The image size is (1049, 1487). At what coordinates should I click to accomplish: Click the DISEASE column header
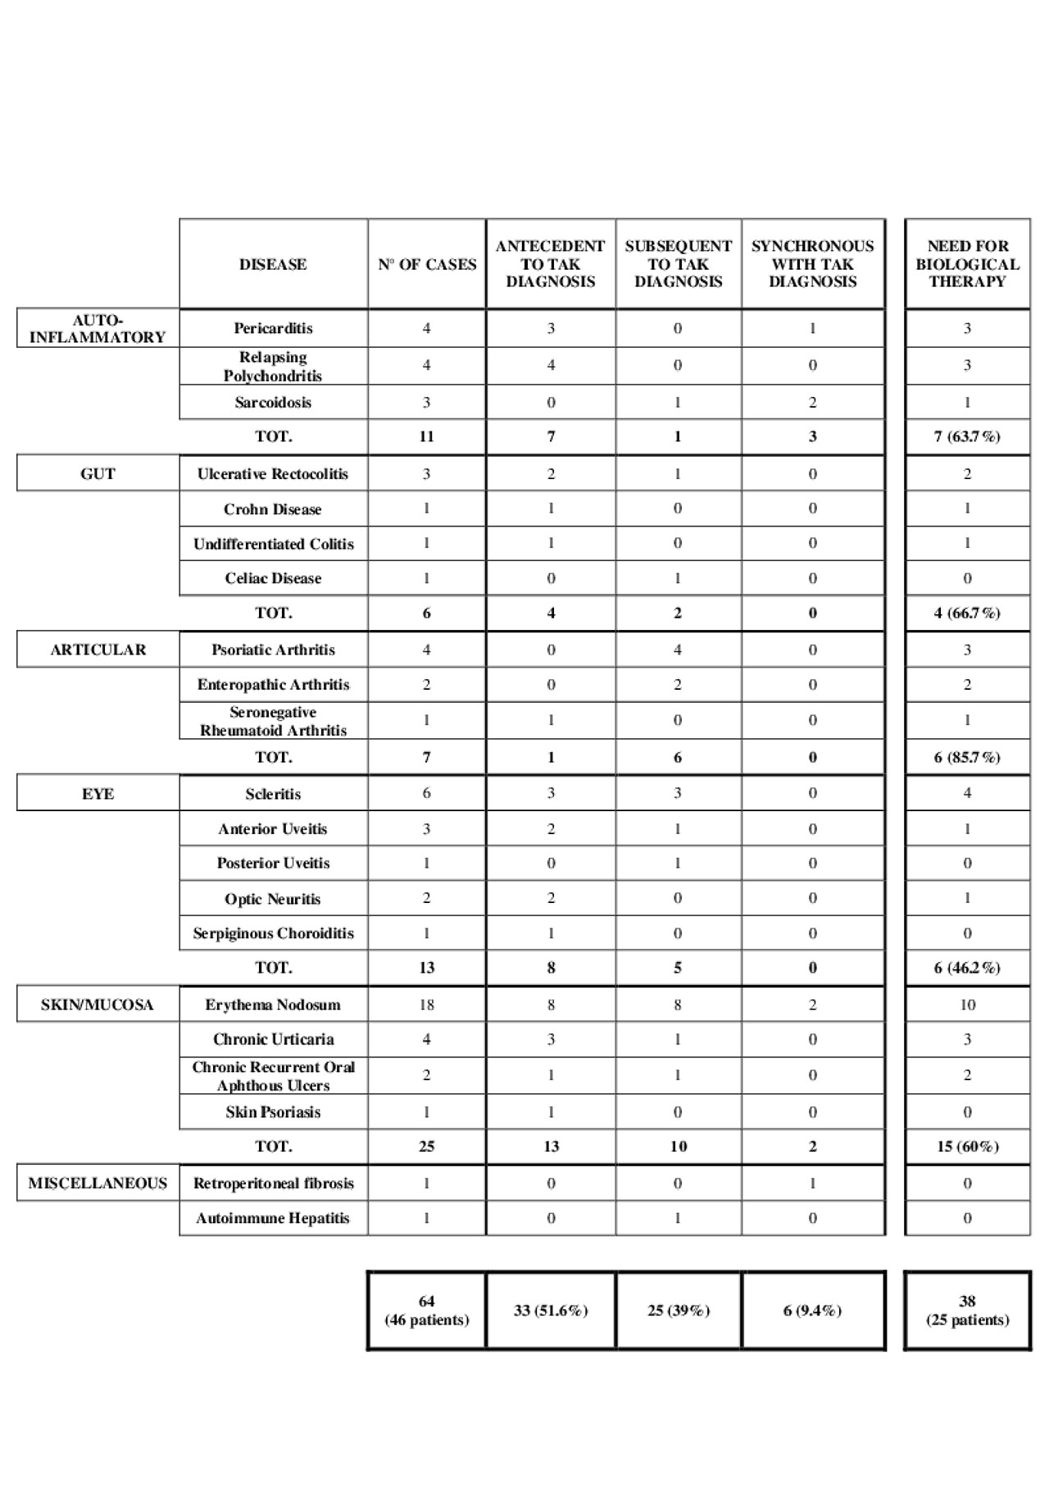pyautogui.click(x=273, y=264)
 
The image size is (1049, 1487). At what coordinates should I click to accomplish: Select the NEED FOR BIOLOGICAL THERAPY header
pyautogui.click(x=967, y=264)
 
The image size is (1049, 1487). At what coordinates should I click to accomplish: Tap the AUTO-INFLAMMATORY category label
pyautogui.click(x=98, y=328)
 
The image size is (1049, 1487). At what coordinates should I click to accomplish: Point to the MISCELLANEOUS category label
pyautogui.click(x=98, y=1183)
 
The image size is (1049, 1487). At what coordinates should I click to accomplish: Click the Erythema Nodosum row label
pyautogui.click(x=273, y=1005)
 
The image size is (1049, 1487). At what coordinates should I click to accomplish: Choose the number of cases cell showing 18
pyautogui.click(x=426, y=1005)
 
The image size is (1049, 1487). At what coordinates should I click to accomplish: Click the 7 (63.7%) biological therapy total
pyautogui.click(x=967, y=436)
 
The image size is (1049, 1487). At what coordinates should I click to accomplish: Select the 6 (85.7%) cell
pyautogui.click(x=967, y=757)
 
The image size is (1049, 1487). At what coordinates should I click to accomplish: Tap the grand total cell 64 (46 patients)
pyautogui.click(x=426, y=1310)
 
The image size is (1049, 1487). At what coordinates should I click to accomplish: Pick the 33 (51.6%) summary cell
pyautogui.click(x=551, y=1310)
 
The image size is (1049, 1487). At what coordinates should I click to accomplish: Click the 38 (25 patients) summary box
pyautogui.click(x=967, y=1310)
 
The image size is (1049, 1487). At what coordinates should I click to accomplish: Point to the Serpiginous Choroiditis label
pyautogui.click(x=273, y=933)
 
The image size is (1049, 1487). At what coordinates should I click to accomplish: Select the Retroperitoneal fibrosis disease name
pyautogui.click(x=273, y=1183)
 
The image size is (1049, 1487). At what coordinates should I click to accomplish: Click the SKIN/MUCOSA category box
pyautogui.click(x=98, y=1005)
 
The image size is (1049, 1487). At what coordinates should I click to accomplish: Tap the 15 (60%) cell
pyautogui.click(x=967, y=1147)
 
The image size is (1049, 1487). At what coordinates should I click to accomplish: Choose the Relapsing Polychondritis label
pyautogui.click(x=273, y=367)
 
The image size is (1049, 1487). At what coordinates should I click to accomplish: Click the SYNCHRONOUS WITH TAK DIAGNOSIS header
pyautogui.click(x=812, y=264)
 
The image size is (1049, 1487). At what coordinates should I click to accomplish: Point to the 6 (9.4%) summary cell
pyautogui.click(x=812, y=1310)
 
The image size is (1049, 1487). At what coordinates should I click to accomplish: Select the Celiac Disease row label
pyautogui.click(x=273, y=578)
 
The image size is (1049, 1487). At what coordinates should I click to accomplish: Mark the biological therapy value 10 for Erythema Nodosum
pyautogui.click(x=967, y=1005)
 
